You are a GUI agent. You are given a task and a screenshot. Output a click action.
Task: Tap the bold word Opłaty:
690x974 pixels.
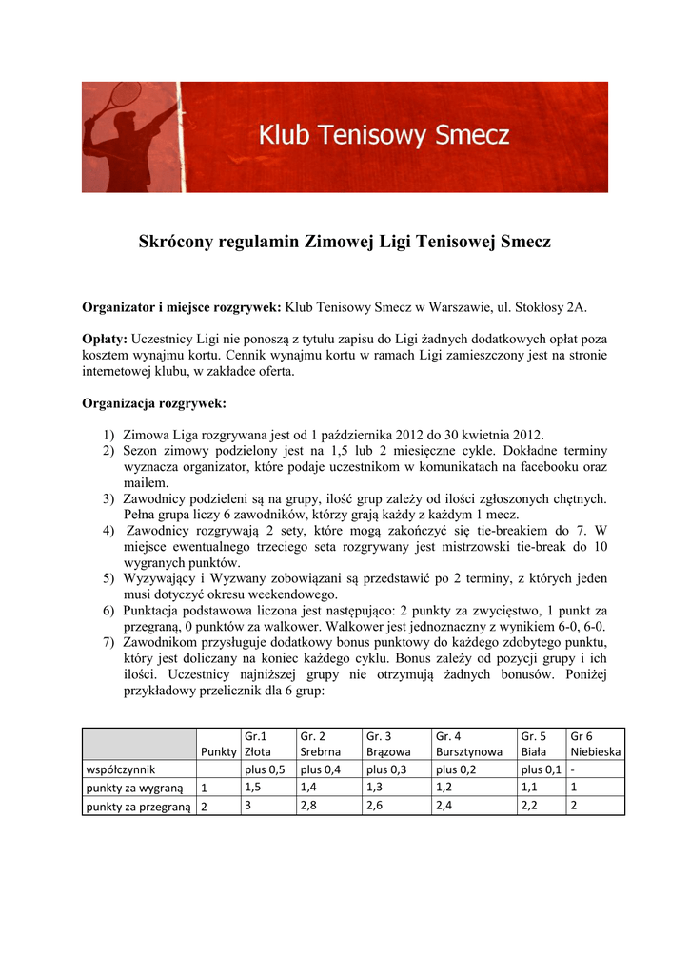tap(105, 339)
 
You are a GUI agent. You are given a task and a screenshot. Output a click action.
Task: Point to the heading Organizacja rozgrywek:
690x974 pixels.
tap(154, 403)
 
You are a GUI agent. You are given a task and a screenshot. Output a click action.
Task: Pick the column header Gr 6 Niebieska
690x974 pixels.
tap(595, 743)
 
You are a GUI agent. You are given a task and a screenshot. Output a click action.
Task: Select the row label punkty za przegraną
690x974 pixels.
tap(138, 807)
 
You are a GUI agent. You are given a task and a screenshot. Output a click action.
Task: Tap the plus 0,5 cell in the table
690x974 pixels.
tap(266, 769)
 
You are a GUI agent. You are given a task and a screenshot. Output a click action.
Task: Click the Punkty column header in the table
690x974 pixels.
tap(219, 751)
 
